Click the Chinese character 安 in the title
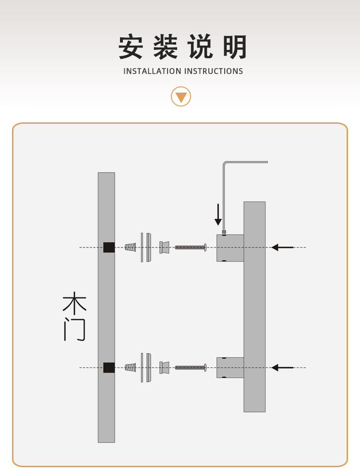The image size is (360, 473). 131,47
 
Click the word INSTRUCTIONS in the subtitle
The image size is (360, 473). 214,71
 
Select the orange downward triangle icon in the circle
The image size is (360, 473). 181,97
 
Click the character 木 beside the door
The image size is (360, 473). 74,303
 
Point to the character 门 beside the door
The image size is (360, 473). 74,330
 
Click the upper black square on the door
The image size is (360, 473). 109,248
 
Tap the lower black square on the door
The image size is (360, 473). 109,367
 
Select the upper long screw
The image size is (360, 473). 191,248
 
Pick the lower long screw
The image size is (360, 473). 191,367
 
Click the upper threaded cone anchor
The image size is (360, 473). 130,248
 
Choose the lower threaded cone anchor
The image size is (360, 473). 130,367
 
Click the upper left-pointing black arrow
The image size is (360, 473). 282,248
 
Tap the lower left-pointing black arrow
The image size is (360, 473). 282,367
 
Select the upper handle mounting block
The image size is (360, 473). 230,248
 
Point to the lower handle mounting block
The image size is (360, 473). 230,367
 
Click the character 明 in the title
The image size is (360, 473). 235,47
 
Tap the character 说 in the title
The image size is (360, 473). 201,47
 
